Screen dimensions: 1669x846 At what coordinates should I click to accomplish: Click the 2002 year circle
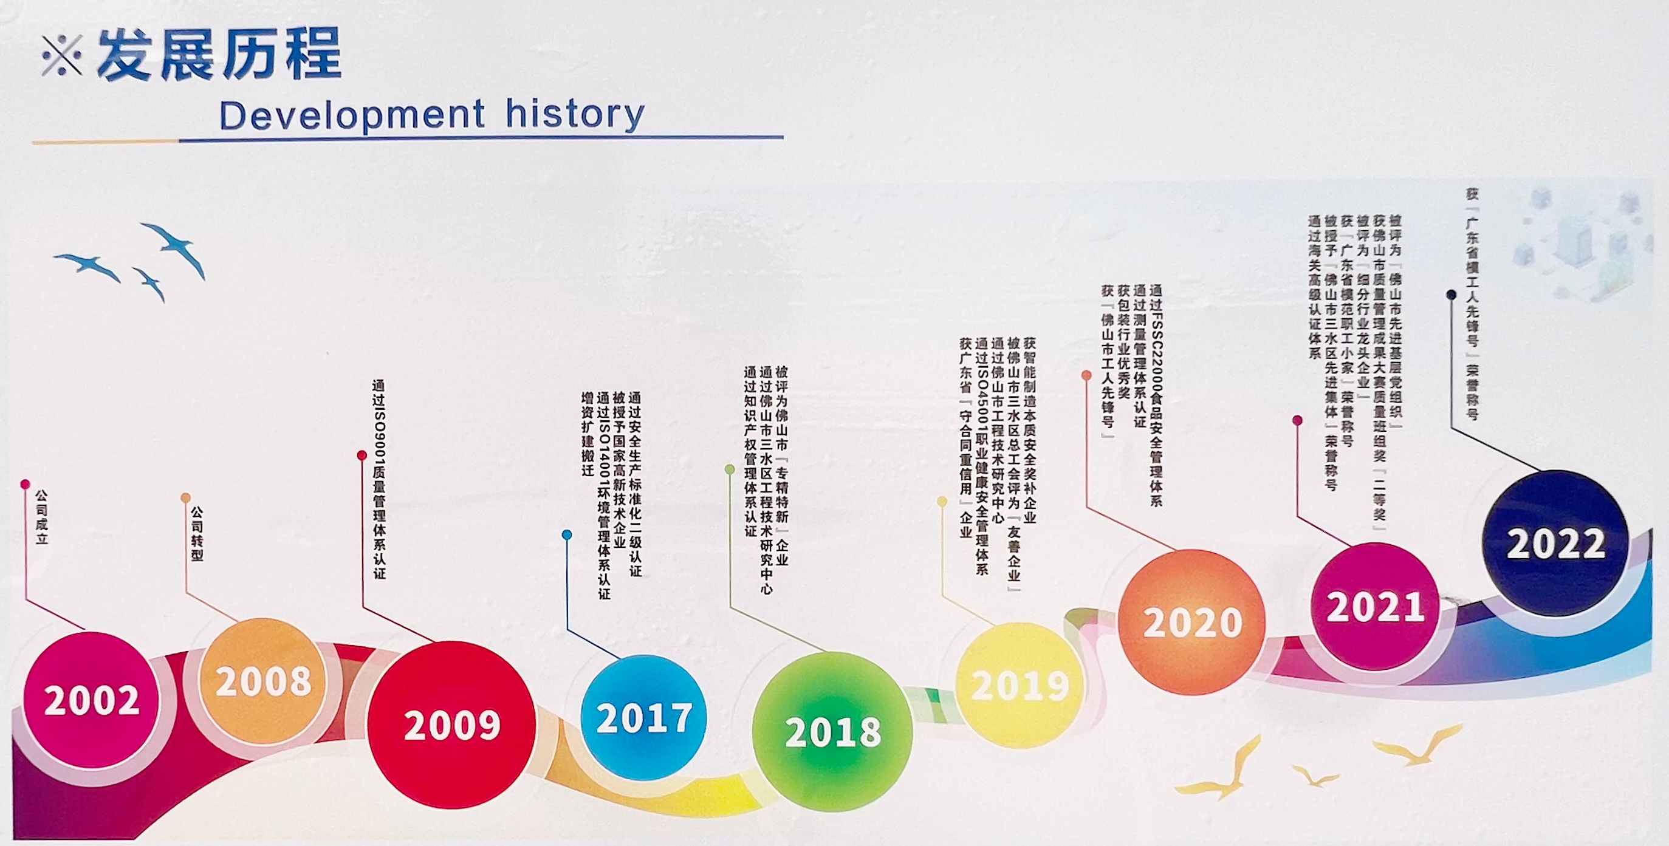(91, 700)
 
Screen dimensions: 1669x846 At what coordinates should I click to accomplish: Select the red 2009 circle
(451, 724)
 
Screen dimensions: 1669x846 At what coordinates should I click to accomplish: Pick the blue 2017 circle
(643, 718)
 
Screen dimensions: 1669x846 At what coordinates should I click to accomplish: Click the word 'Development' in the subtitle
(352, 115)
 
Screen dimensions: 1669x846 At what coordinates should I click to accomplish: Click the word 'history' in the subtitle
(575, 114)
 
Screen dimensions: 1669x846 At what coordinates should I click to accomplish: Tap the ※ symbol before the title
(62, 55)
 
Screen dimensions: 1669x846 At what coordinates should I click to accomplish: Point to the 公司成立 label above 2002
(41, 517)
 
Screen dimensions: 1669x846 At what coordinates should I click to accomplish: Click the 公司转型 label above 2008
(196, 534)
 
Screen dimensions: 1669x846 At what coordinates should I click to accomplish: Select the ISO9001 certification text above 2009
(379, 479)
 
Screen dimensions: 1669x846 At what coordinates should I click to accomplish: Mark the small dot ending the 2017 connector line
(567, 535)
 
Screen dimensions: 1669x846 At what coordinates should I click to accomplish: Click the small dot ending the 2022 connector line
(1451, 295)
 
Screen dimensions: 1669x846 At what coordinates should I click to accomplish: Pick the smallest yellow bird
(1315, 776)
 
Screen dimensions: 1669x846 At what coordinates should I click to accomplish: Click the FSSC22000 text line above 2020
(1155, 395)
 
